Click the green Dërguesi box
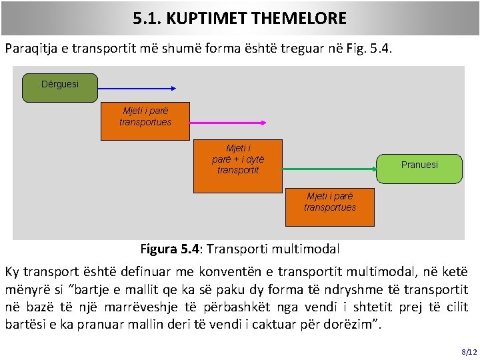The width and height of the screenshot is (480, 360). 60,87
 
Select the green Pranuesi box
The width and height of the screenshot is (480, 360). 419,165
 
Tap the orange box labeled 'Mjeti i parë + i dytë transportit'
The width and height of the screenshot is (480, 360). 238,165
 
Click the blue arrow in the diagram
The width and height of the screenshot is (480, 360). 137,87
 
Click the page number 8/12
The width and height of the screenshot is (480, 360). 469,351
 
